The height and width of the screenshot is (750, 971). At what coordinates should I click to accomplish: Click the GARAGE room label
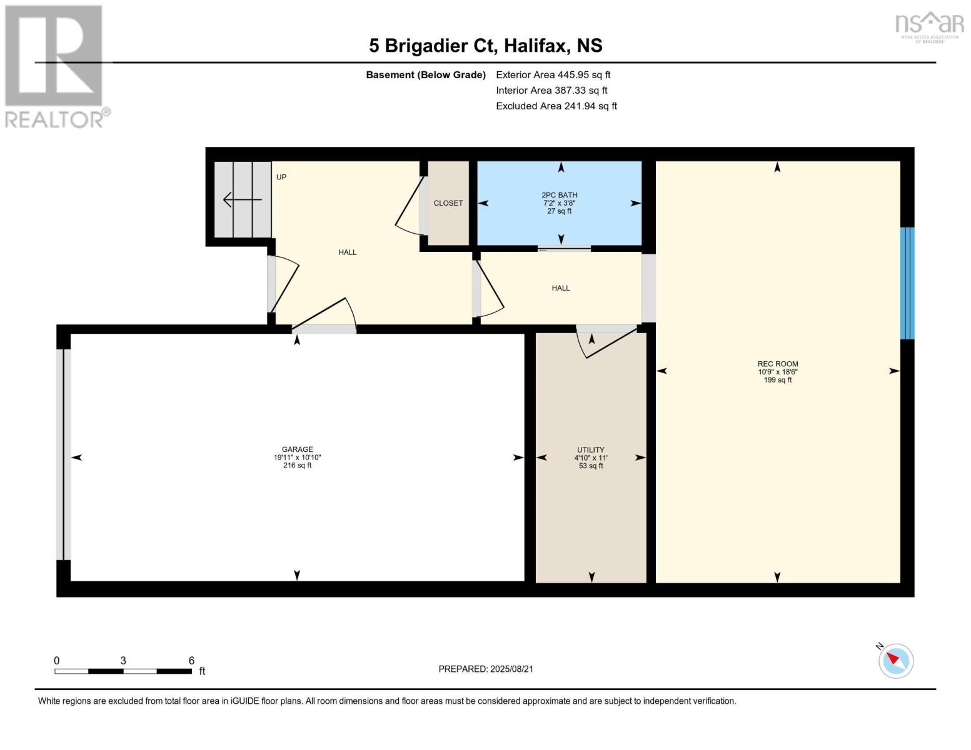297,449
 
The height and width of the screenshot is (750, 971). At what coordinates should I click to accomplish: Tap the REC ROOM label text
778,364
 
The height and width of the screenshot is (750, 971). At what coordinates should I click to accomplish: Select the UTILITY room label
591,450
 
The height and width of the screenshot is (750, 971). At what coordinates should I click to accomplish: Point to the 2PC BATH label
560,195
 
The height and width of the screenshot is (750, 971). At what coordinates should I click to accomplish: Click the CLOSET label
448,203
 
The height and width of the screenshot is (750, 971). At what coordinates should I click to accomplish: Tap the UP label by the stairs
281,177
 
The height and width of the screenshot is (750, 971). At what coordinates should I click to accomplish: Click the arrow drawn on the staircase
242,199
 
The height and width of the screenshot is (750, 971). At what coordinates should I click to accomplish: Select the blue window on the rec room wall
907,283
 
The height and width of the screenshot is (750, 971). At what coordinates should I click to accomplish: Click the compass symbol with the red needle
895,661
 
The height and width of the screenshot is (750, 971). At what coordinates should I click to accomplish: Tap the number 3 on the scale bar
123,661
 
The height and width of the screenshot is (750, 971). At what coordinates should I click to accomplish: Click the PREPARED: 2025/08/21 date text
486,669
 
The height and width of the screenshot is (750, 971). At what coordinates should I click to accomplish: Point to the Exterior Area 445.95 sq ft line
553,75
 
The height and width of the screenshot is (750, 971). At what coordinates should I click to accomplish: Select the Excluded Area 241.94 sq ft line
556,106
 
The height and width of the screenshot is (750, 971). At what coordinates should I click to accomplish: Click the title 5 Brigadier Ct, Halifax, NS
486,46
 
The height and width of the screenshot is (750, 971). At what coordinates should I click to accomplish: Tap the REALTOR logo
57,67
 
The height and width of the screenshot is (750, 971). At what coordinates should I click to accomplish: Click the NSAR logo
930,27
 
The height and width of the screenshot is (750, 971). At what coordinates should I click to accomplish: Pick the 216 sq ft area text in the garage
297,466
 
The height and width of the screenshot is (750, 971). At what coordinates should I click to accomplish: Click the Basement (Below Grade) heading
426,75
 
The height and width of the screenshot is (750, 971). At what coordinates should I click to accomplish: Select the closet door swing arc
410,206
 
